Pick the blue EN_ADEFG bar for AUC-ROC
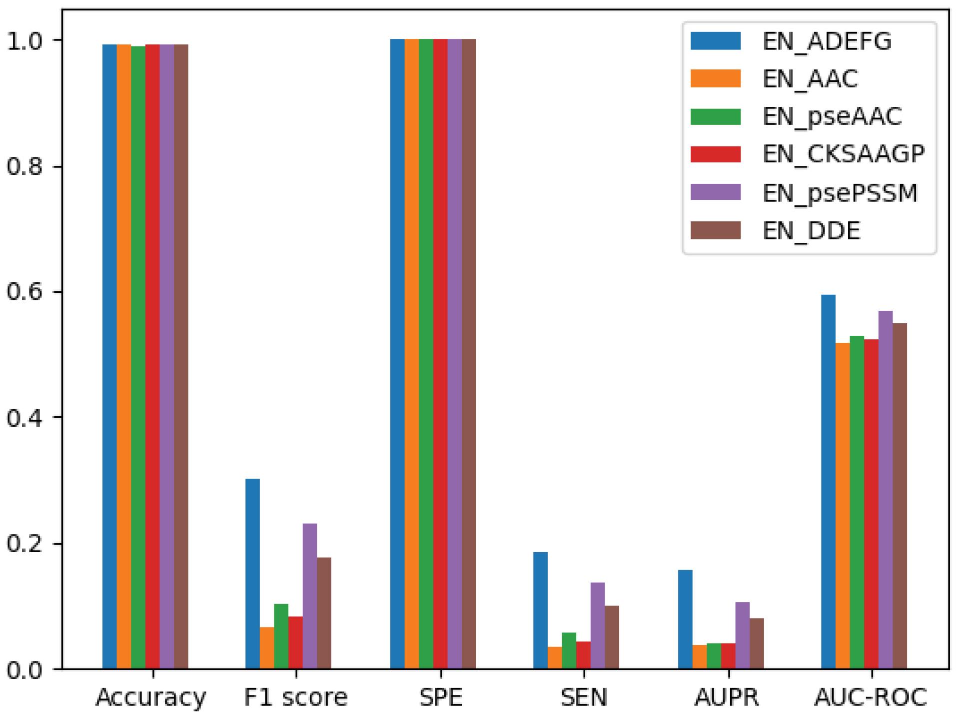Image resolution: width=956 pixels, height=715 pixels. (x=828, y=482)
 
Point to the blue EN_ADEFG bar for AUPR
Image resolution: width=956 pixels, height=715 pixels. (x=685, y=619)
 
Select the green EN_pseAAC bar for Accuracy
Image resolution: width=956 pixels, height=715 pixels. (x=138, y=357)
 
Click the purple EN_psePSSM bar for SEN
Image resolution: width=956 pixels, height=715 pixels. (x=597, y=626)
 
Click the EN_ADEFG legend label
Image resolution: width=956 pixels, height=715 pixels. (x=827, y=41)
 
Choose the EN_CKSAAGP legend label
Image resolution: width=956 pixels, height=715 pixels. (x=844, y=154)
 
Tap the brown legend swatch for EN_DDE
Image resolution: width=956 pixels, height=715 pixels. (x=715, y=230)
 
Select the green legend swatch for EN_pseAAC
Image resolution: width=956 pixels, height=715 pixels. (x=715, y=116)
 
